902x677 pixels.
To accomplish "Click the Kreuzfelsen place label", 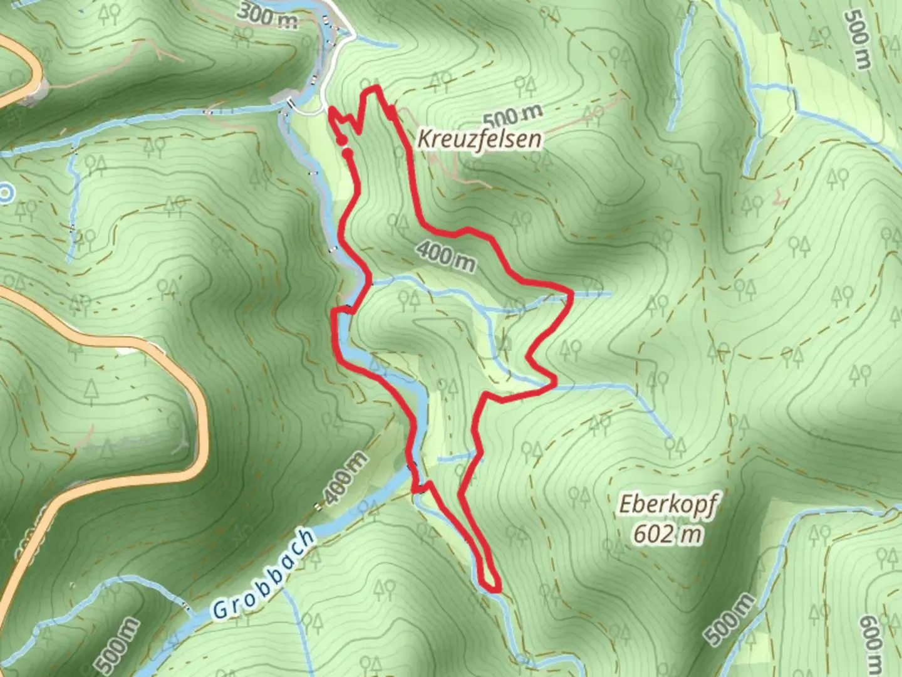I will click(479, 139).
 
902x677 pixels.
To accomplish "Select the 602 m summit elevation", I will click(667, 534).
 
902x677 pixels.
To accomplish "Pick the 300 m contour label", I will click(268, 17).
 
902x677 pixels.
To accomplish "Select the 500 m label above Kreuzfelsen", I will click(513, 115).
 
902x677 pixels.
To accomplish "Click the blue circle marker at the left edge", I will click(5, 194).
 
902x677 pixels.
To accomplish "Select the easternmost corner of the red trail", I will click(572, 291).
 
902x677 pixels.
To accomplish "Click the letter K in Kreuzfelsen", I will click(423, 139).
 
